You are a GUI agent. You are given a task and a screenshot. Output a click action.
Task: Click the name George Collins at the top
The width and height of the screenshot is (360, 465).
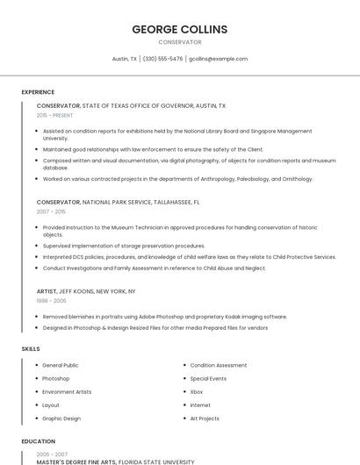point(179,29)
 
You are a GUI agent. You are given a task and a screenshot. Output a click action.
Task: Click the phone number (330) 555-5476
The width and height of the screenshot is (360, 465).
point(162,59)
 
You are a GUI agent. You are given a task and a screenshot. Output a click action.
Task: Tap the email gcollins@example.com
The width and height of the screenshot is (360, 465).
point(219,59)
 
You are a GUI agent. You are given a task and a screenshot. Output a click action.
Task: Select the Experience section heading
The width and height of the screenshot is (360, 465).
point(38,92)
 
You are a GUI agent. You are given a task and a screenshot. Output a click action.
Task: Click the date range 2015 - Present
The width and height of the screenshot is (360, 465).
point(55,115)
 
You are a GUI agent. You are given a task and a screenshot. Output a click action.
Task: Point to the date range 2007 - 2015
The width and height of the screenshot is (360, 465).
point(51,211)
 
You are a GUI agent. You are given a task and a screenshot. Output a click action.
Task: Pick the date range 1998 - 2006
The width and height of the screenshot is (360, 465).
point(51,300)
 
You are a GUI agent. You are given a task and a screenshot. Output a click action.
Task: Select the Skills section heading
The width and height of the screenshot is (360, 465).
point(31,349)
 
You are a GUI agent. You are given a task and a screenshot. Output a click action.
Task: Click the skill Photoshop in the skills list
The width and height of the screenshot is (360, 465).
point(56,378)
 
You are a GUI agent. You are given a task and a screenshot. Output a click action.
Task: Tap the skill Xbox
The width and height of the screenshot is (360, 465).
point(197,391)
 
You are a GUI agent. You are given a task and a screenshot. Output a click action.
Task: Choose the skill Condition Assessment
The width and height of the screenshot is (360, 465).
point(219,365)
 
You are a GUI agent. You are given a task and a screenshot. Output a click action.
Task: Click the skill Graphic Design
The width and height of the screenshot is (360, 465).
point(61,418)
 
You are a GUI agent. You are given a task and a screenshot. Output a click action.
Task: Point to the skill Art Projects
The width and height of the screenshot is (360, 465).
point(205,418)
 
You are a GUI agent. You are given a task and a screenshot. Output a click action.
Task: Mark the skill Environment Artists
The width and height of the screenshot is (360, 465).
point(67,391)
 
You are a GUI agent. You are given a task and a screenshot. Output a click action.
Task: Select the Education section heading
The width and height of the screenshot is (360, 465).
point(38,441)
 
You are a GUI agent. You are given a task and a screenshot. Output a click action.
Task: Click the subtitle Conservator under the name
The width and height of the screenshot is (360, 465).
point(179,42)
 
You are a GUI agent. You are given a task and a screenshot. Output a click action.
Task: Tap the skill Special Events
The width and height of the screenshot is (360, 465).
point(208,378)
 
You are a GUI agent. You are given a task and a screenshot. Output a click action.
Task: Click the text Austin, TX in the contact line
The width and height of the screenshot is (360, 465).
point(125,59)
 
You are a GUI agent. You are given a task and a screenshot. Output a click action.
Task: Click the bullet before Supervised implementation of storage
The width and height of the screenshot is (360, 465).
point(36,246)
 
